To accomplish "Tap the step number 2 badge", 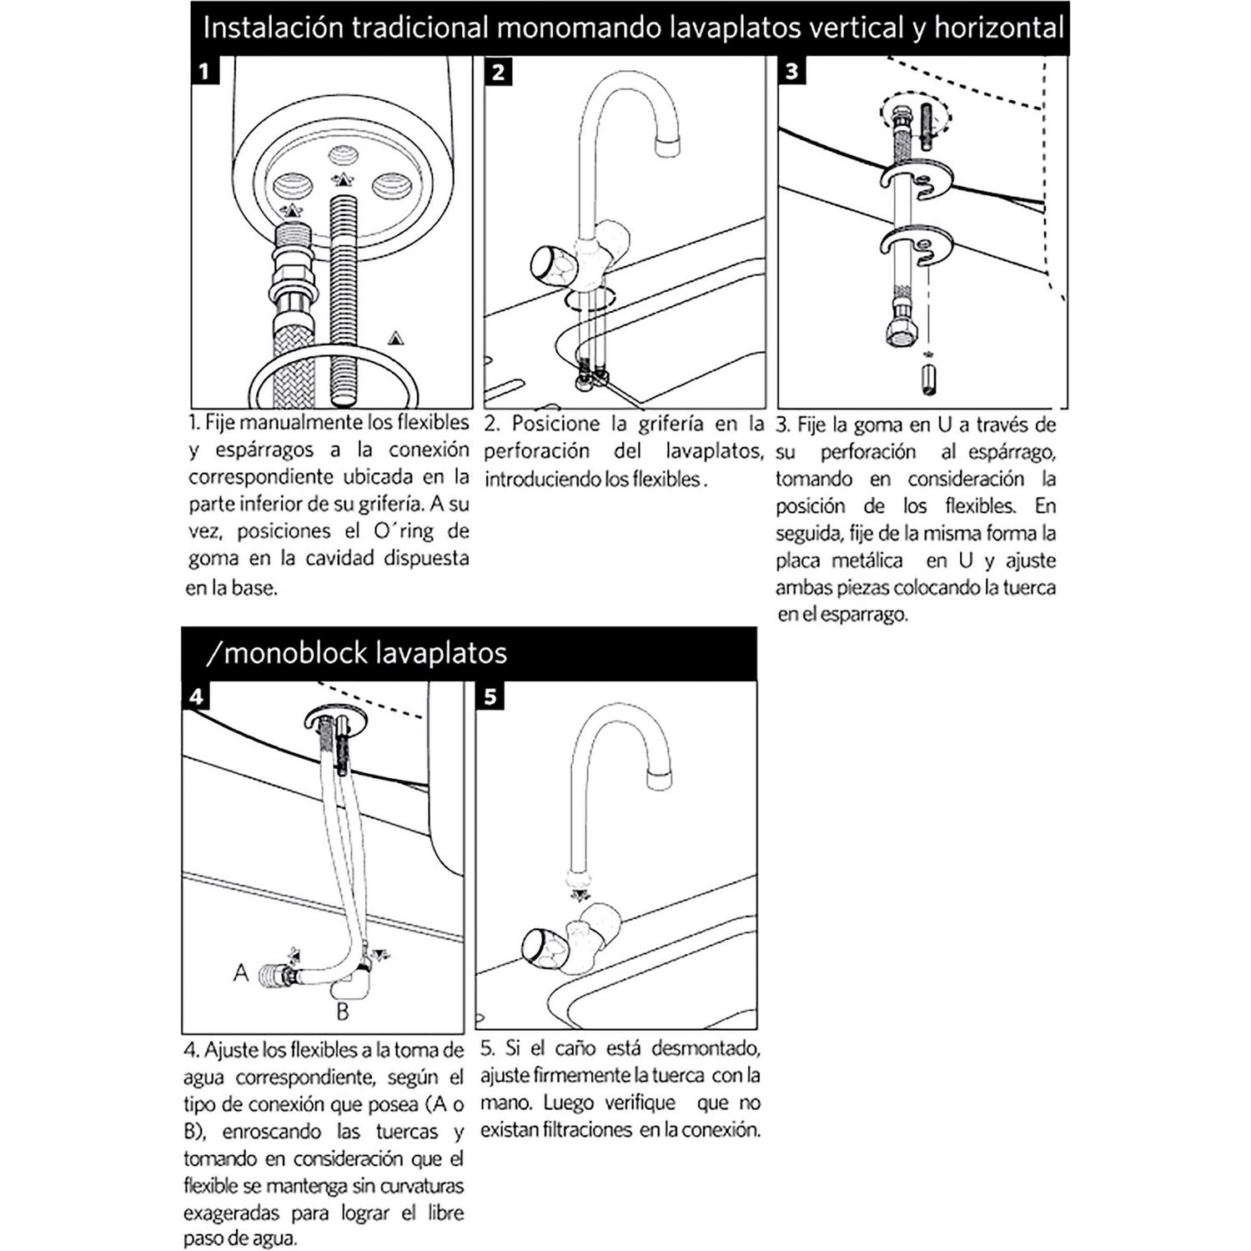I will point(498,72).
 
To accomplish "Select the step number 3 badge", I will point(791,71).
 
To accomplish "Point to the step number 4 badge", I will point(196,696).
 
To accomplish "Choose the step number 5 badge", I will point(490,696).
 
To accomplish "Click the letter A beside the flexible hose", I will point(241,972).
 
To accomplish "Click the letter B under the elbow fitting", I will point(342,1012).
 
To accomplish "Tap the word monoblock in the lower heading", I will point(292,652).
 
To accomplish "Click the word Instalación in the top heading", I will point(274,28).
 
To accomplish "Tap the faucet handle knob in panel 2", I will point(550,264).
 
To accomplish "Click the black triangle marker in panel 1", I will point(395,338).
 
